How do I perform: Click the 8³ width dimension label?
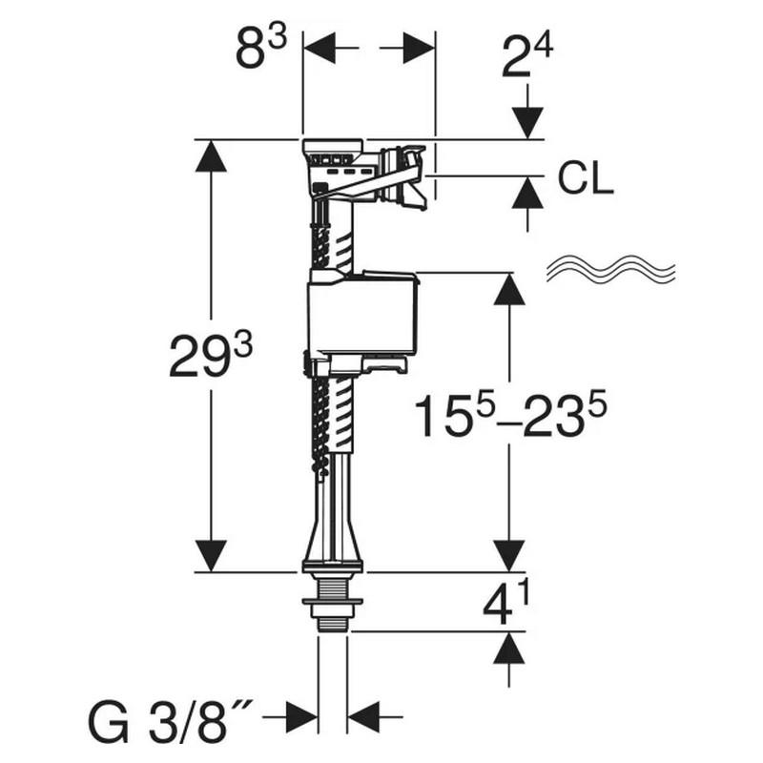point(261,49)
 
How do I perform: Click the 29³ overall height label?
point(211,357)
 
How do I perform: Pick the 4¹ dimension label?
point(505,604)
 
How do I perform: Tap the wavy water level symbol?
point(610,268)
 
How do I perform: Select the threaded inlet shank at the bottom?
point(333,603)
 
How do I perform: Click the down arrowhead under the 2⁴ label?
point(528,123)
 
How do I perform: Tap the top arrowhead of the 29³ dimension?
point(211,155)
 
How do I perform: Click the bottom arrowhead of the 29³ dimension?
point(211,556)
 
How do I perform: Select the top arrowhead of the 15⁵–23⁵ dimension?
point(509,289)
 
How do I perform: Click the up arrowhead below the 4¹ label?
point(509,648)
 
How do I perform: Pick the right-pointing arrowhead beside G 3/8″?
point(301,717)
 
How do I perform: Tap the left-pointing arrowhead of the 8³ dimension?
point(320,49)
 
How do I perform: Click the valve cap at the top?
point(333,146)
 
